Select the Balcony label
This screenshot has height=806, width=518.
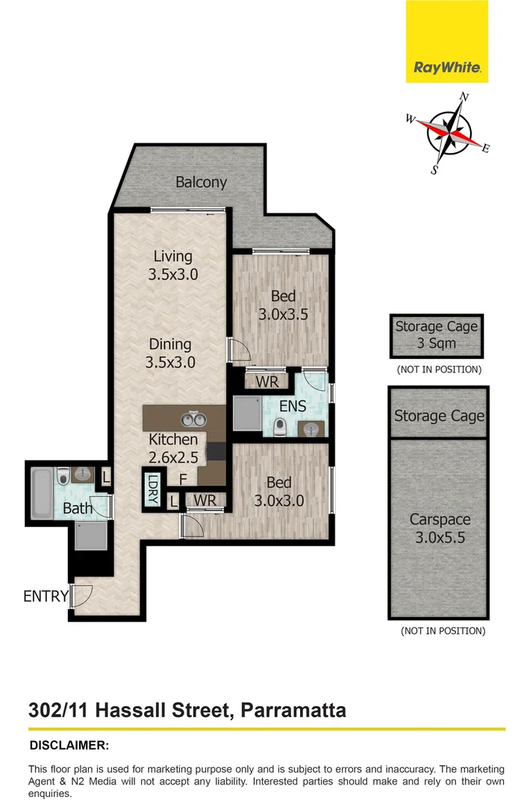tap(201, 182)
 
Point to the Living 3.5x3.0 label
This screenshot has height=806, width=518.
tap(172, 265)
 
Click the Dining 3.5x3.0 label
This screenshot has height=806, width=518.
tap(171, 353)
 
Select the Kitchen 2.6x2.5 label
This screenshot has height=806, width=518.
tap(173, 448)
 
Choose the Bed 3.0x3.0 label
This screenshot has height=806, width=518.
tap(278, 492)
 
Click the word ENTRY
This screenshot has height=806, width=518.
tap(45, 596)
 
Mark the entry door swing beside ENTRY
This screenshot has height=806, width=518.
tap(82, 595)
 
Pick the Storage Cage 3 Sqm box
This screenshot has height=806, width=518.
tap(436, 335)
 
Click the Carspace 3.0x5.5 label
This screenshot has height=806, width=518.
tap(438, 528)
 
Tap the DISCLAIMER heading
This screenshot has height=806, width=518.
tap(69, 745)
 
